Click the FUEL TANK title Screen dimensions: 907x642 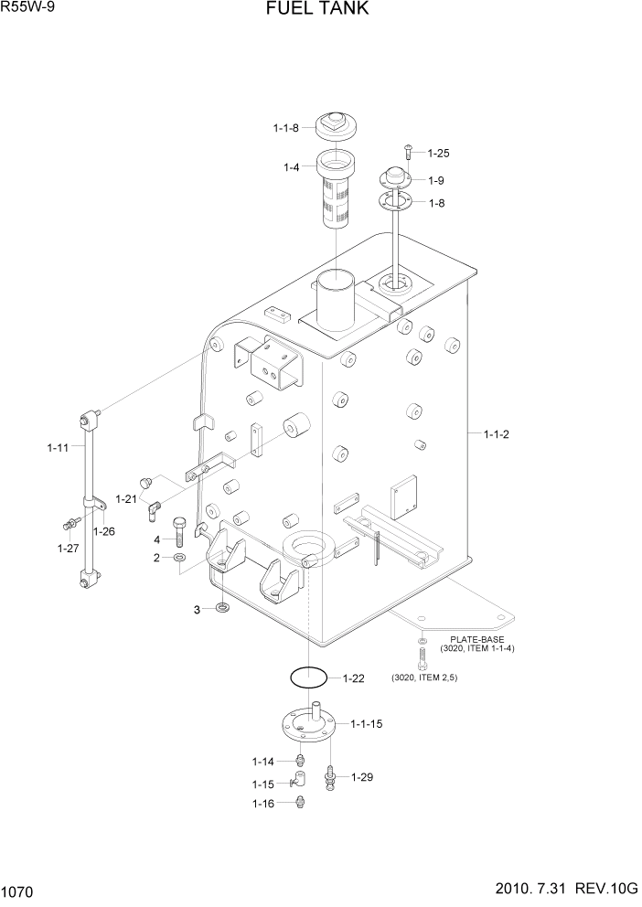coord(318,10)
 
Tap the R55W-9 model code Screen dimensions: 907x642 coord(27,8)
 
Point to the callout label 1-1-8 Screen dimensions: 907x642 coord(285,129)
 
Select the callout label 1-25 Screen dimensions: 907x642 coord(438,154)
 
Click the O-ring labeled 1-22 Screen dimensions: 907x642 coord(308,678)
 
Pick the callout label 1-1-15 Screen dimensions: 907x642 coord(368,723)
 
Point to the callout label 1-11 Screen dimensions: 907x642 coord(58,448)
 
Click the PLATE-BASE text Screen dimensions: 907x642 coord(476,639)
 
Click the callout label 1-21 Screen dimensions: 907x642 coord(126,498)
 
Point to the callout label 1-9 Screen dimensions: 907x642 coord(436,180)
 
